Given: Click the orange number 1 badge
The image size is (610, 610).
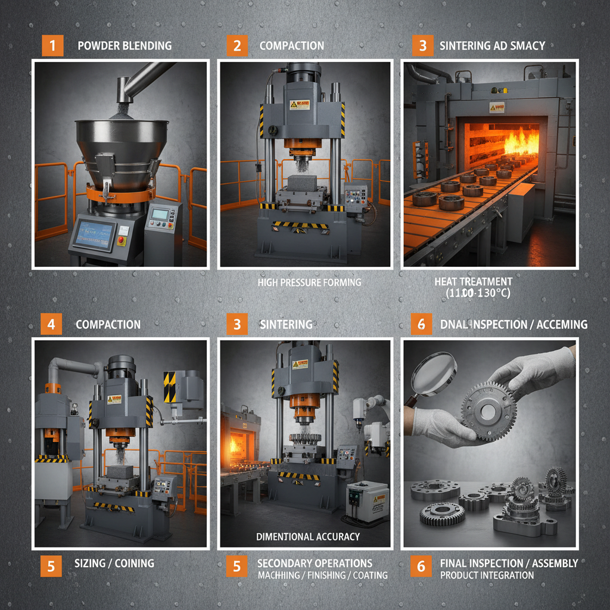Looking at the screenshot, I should click(x=52, y=46).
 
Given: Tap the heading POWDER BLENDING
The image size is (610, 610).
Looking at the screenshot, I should click(x=125, y=46).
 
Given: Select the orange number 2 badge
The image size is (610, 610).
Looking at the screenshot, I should click(x=236, y=46).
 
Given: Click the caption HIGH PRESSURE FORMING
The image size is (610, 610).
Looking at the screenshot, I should click(x=309, y=282).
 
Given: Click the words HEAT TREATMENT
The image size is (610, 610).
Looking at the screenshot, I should click(x=473, y=281).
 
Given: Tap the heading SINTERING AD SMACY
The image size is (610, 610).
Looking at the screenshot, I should click(x=491, y=46).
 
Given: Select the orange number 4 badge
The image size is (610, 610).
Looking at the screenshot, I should click(x=51, y=325).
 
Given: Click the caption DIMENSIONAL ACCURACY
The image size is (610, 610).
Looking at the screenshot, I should click(x=308, y=536).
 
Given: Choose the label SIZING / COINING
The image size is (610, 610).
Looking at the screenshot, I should click(x=114, y=563).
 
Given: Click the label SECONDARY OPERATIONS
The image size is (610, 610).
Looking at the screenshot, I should click(x=315, y=563).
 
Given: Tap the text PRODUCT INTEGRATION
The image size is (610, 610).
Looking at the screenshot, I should click(x=487, y=575).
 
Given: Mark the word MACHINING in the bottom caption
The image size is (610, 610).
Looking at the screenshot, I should click(x=282, y=575).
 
